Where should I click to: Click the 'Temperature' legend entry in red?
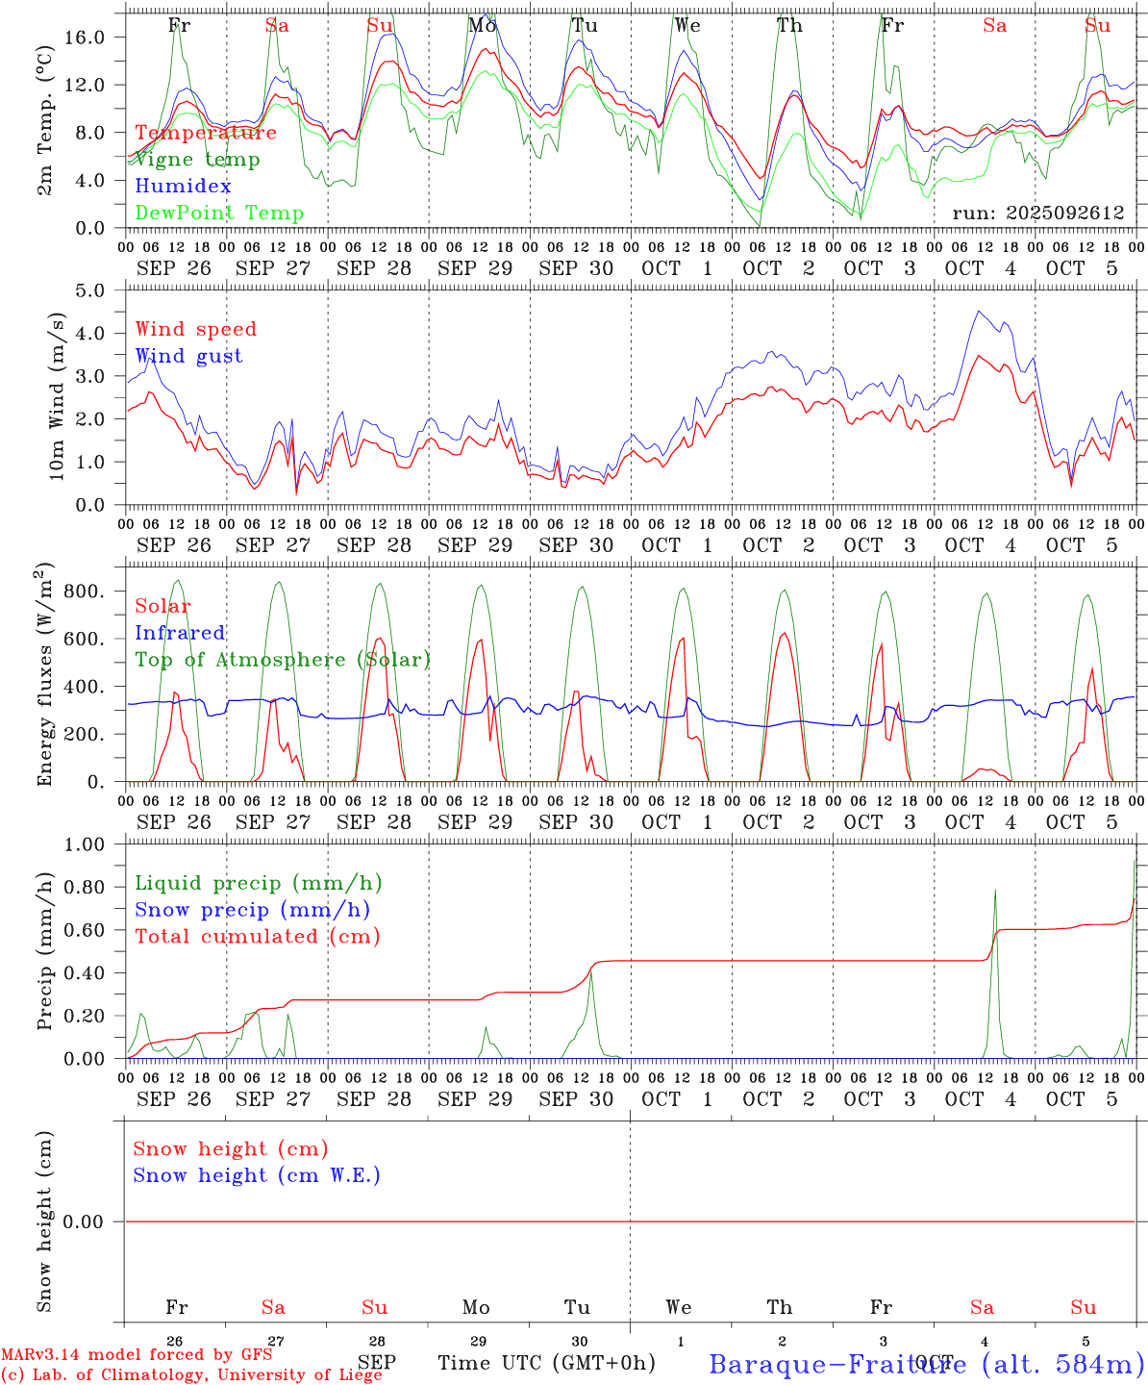pyautogui.click(x=206, y=133)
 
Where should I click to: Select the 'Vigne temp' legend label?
pyautogui.click(x=197, y=160)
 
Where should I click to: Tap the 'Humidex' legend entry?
pyautogui.click(x=183, y=187)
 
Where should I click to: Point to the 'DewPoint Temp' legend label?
pyautogui.click(x=219, y=214)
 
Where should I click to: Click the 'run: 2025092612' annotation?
pyautogui.click(x=1037, y=214)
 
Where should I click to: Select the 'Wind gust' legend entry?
pyautogui.click(x=188, y=356)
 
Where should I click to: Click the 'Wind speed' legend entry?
pyautogui.click(x=196, y=329)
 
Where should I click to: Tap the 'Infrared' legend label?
pyautogui.click(x=180, y=633)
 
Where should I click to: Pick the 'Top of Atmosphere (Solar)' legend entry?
pyautogui.click(x=283, y=660)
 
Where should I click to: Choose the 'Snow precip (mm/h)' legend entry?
pyautogui.click(x=252, y=910)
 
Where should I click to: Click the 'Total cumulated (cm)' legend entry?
pyautogui.click(x=257, y=937)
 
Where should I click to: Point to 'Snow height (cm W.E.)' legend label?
pyautogui.click(x=257, y=1175)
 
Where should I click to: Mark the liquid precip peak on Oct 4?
pyautogui.click(x=995, y=890)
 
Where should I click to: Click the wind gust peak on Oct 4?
pyautogui.click(x=979, y=311)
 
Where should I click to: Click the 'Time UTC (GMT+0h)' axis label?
pyautogui.click(x=546, y=1363)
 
